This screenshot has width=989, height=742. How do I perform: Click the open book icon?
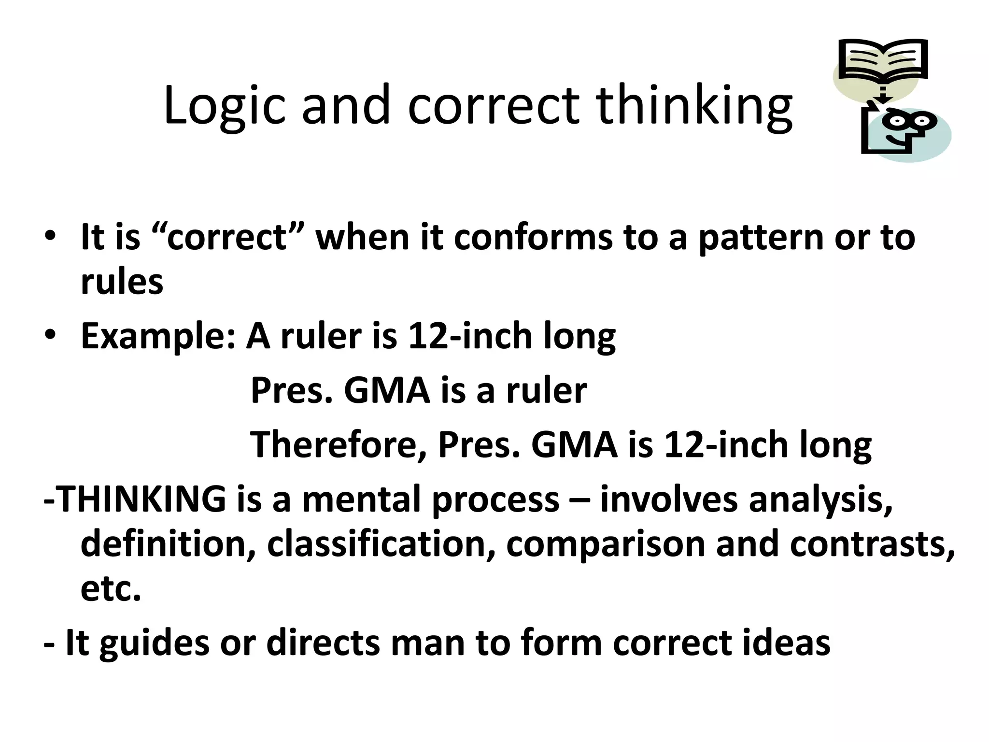[883, 60]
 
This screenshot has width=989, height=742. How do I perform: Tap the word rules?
[122, 282]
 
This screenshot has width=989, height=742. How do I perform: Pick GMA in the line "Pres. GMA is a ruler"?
[386, 390]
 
